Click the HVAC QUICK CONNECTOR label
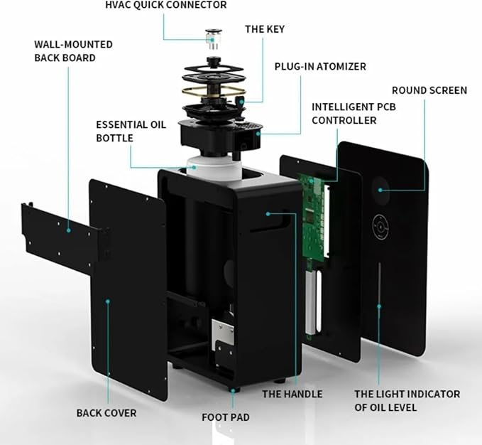click(x=165, y=5)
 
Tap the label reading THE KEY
click(x=265, y=29)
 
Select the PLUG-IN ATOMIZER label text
click(x=320, y=67)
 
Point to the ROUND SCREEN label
click(x=429, y=90)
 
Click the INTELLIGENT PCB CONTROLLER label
click(x=354, y=114)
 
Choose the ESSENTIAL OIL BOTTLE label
click(x=131, y=132)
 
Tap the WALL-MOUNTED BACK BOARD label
click(x=73, y=51)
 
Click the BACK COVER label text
click(x=106, y=413)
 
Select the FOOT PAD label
click(x=226, y=417)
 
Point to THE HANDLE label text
click(x=292, y=394)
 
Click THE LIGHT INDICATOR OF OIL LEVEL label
click(x=407, y=401)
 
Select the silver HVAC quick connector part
click(x=214, y=39)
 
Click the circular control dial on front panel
click(x=380, y=227)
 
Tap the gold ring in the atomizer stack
click(x=214, y=92)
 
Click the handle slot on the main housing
click(x=271, y=221)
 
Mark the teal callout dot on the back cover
click(x=108, y=301)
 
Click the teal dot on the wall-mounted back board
click(x=69, y=230)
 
